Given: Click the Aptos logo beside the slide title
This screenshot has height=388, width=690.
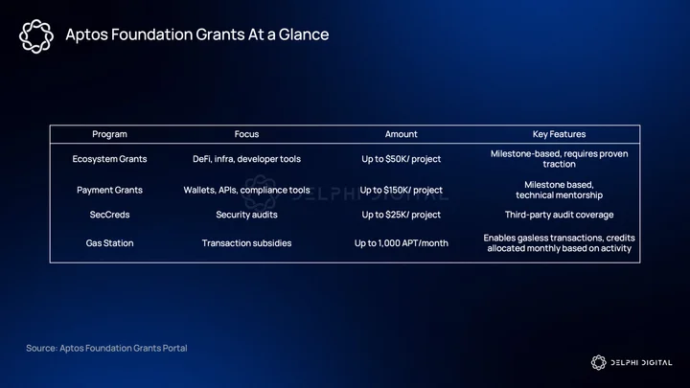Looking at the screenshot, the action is [x=36, y=36].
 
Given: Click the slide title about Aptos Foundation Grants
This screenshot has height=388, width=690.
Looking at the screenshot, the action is [x=197, y=34].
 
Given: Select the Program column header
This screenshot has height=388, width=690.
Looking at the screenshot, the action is [x=109, y=134].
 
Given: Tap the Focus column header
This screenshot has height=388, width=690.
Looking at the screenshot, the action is [x=246, y=134].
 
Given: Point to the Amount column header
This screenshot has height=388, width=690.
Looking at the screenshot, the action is [x=401, y=134].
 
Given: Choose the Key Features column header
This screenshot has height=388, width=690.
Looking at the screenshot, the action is [x=559, y=134].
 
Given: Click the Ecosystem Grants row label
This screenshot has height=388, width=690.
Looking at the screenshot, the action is [x=109, y=159].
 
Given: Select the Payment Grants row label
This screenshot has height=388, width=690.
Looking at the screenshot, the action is [x=109, y=190].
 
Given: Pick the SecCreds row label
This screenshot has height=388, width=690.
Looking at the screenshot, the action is [x=109, y=215].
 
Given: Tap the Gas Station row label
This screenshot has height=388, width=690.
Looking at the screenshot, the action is [x=109, y=242].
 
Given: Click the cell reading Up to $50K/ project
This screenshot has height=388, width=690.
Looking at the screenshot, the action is [x=401, y=159].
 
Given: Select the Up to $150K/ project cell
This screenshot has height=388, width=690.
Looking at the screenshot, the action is [x=401, y=190].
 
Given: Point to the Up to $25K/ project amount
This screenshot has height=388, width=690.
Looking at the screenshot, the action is [x=401, y=215].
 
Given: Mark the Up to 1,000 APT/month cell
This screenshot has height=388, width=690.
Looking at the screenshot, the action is [x=401, y=242].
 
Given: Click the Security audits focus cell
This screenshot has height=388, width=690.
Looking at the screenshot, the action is [x=246, y=215].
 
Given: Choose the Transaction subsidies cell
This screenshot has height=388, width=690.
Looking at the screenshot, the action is [x=246, y=242].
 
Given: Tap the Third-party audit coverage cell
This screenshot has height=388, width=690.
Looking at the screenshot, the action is [x=559, y=215].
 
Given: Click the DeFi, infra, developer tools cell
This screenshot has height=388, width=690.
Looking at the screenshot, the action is [x=246, y=159].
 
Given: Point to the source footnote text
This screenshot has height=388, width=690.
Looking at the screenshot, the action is [x=106, y=348].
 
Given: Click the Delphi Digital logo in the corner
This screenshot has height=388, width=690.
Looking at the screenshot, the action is [x=631, y=362].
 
